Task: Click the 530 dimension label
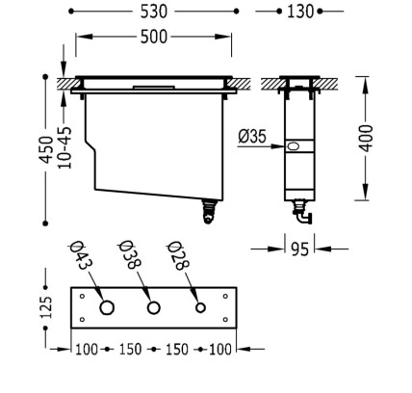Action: (154, 12)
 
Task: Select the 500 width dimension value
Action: (154, 37)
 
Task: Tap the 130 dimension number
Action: (300, 12)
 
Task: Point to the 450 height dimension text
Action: (46, 149)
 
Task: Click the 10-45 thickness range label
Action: (64, 147)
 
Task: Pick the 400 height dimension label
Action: (366, 139)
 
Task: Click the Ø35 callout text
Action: (252, 137)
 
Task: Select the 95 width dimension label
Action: (299, 249)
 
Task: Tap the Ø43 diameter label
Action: (81, 255)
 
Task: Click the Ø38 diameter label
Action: (129, 255)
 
